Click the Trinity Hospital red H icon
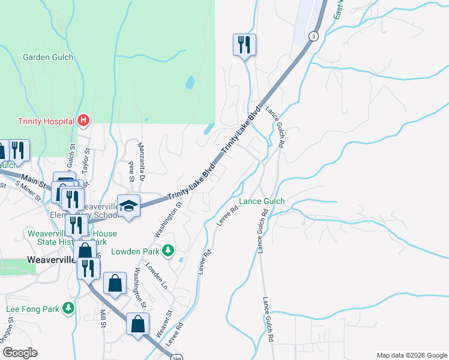pyautogui.click(x=84, y=121)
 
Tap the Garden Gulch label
pyautogui.click(x=48, y=58)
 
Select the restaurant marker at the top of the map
pyautogui.click(x=244, y=45)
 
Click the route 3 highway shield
pyautogui.click(x=313, y=37)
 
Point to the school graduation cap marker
pyautogui.click(x=128, y=206)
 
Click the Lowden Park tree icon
pyautogui.click(x=169, y=249)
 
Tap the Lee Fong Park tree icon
pyautogui.click(x=70, y=308)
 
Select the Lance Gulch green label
pyautogui.click(x=262, y=202)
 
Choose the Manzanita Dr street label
pyautogui.click(x=142, y=161)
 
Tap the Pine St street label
pyautogui.click(x=131, y=169)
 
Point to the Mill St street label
pyautogui.click(x=103, y=318)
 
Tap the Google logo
pyautogui.click(x=19, y=353)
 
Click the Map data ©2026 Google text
pyautogui.click(x=411, y=355)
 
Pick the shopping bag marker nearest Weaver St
pyautogui.click(x=138, y=325)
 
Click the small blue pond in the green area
pyautogui.click(x=190, y=82)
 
